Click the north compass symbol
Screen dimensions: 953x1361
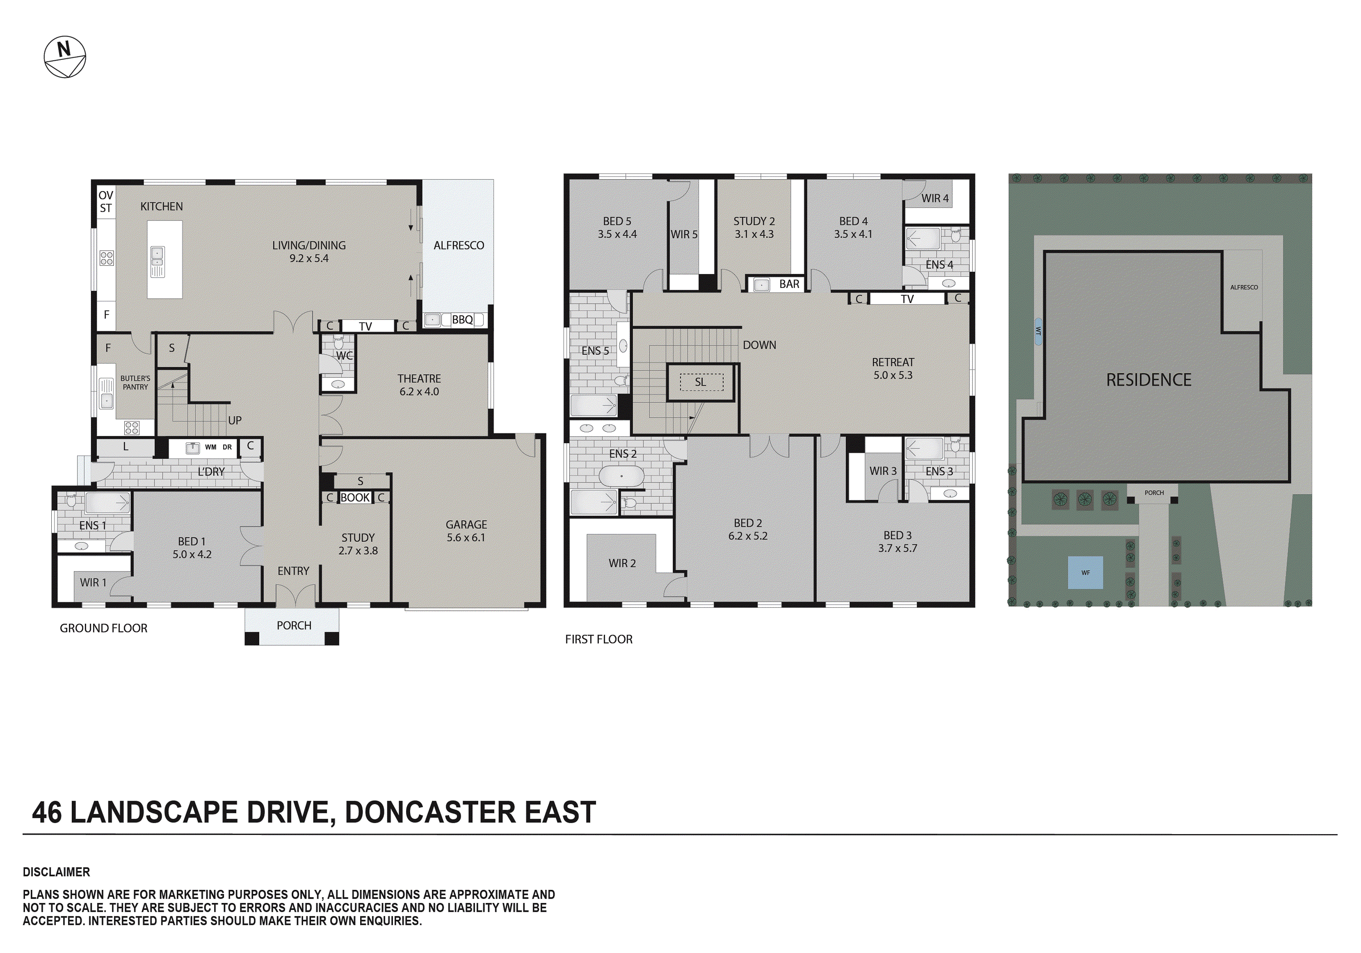(65, 57)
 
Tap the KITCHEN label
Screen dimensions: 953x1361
(161, 206)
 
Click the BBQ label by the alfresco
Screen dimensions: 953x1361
(462, 319)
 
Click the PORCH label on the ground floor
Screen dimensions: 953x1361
(294, 625)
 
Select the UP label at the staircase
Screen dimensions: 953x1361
(235, 420)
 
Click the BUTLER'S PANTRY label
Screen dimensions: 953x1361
(135, 382)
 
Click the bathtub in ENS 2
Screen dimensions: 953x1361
(621, 476)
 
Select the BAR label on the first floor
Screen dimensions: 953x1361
(789, 284)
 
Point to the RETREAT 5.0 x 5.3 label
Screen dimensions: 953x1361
(893, 368)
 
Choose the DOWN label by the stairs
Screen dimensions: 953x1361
(759, 345)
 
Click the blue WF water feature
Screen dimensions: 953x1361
(1085, 572)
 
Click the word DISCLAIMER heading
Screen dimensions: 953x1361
(56, 872)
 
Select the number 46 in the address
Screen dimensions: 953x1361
(47, 812)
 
